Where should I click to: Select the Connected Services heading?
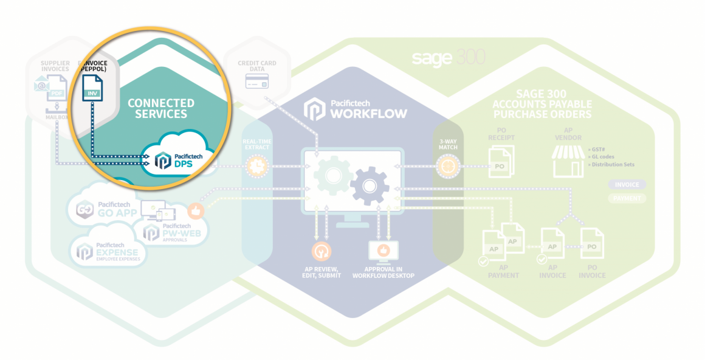pyautogui.click(x=160, y=108)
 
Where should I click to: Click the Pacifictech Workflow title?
pyautogui.click(x=356, y=109)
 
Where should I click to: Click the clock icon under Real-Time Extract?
pyautogui.click(x=256, y=166)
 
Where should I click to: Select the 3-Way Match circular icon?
pyautogui.click(x=448, y=165)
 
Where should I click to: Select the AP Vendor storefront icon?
pyautogui.click(x=568, y=161)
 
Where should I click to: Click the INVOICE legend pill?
pyautogui.click(x=627, y=184)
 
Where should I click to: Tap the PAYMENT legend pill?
pyautogui.click(x=627, y=198)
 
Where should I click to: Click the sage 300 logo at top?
pyautogui.click(x=449, y=58)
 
